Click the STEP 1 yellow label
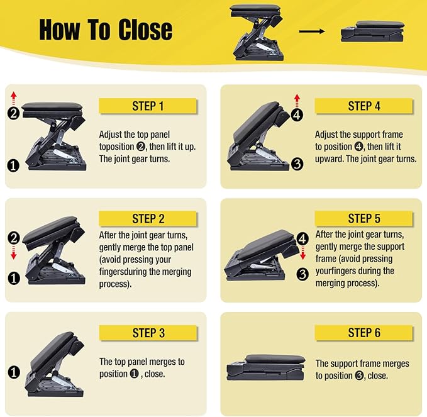tap(147, 106)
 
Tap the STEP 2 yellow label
tap(148, 219)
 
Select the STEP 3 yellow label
tap(148, 333)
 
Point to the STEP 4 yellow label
tap(364, 106)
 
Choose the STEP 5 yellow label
tap(364, 218)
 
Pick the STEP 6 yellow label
tap(364, 333)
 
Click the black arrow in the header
tap(312, 31)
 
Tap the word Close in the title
tap(145, 30)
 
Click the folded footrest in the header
tap(372, 31)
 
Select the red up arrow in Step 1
tap(14, 98)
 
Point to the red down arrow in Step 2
tap(14, 253)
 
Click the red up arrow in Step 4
tap(297, 101)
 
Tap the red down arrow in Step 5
tap(302, 253)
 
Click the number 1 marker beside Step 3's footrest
tap(14, 372)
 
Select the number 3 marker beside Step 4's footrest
tap(297, 164)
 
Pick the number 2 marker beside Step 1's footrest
tap(14, 113)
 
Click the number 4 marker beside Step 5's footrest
tap(302, 239)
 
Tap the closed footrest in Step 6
tap(265, 367)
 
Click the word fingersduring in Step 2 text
tap(145, 272)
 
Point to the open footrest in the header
tap(257, 32)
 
